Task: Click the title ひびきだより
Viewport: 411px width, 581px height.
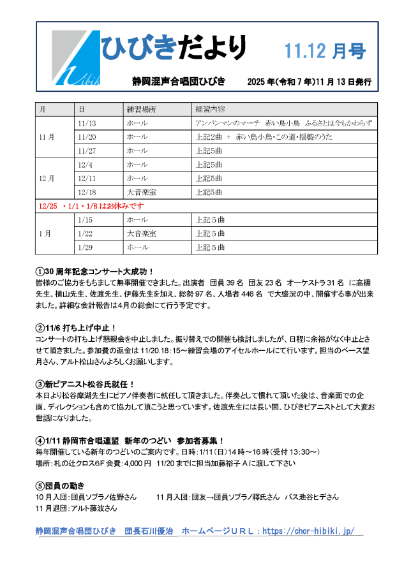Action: (174, 48)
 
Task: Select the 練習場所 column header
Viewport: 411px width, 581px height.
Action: (142, 109)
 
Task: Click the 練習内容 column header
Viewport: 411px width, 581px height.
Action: (214, 109)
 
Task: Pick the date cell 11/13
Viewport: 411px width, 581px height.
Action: (86, 123)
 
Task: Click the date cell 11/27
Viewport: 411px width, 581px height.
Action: (86, 151)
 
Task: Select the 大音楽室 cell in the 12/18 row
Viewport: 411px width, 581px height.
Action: (142, 192)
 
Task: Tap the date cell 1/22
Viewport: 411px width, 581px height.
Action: (85, 233)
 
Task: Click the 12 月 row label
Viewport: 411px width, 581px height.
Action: (47, 178)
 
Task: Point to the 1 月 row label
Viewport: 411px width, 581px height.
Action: (45, 233)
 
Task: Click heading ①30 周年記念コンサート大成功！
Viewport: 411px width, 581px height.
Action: (95, 271)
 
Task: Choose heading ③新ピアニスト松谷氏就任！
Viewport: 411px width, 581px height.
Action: (86, 384)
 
